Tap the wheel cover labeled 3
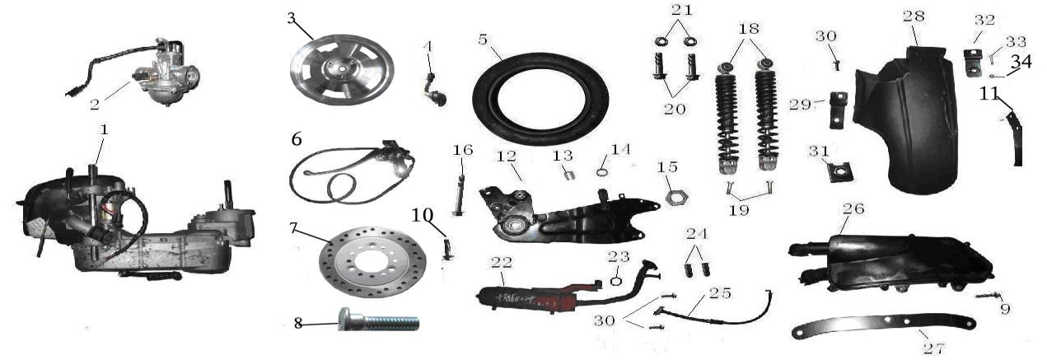[x=342, y=70]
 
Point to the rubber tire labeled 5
[x=540, y=99]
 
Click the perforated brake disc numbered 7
[x=372, y=262]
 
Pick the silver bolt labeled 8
[x=378, y=320]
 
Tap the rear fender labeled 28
[x=904, y=119]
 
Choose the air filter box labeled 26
[x=890, y=265]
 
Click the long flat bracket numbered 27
[x=883, y=327]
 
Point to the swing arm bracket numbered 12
[x=568, y=216]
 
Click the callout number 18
[x=749, y=29]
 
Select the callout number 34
[x=1021, y=62]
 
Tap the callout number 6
[x=297, y=139]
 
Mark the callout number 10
[x=423, y=216]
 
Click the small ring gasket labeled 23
[x=615, y=281]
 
